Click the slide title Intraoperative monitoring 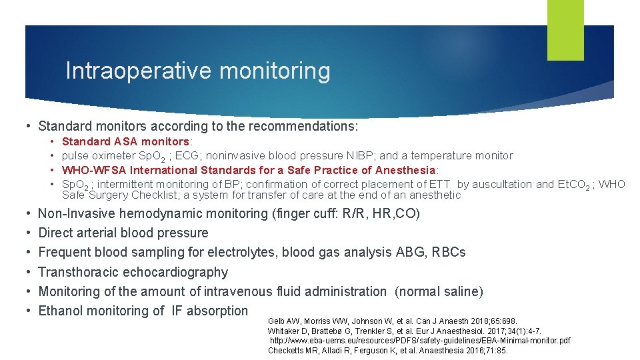click(197, 71)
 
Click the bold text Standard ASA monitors click(125, 141)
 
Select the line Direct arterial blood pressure click(123, 233)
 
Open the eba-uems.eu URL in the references click(419, 341)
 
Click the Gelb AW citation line click(392, 321)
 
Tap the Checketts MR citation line click(387, 350)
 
